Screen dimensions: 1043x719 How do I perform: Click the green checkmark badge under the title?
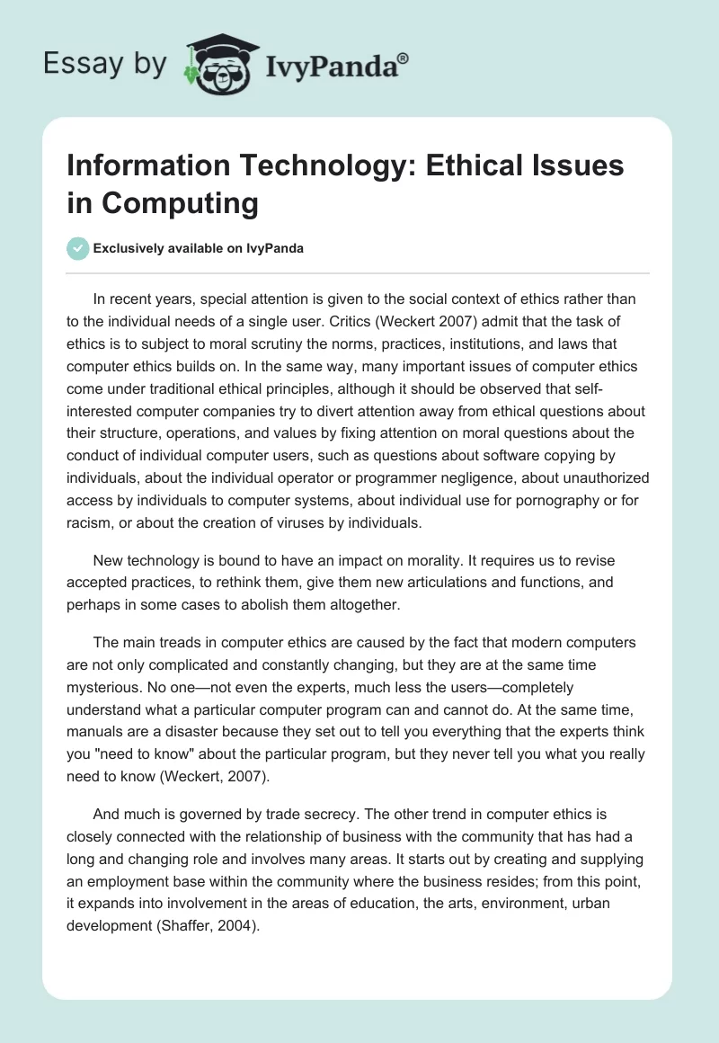[x=77, y=248]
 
